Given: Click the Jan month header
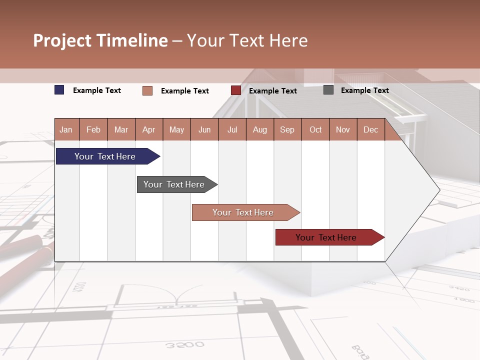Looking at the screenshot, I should tap(66, 129).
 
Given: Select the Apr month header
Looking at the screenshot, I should tap(149, 129).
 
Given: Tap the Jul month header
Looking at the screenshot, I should tap(232, 129).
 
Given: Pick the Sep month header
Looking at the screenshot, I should tap(287, 129).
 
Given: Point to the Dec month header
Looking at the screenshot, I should tap(370, 129).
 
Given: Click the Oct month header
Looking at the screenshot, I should tap(315, 129).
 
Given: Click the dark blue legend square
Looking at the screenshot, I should tap(59, 90).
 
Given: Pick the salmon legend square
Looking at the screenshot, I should tap(147, 90).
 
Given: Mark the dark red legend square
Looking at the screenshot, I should tap(236, 90).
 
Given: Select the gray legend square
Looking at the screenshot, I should tap(328, 90).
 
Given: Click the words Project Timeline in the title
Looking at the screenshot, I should tap(100, 40).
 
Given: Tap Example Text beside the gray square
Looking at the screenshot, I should tap(364, 90).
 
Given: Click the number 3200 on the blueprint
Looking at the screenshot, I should tap(185, 345).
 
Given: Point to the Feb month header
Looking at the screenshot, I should tap(93, 129).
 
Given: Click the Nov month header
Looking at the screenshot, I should tap(343, 129).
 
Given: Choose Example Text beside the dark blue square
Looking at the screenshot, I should tap(97, 90).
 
